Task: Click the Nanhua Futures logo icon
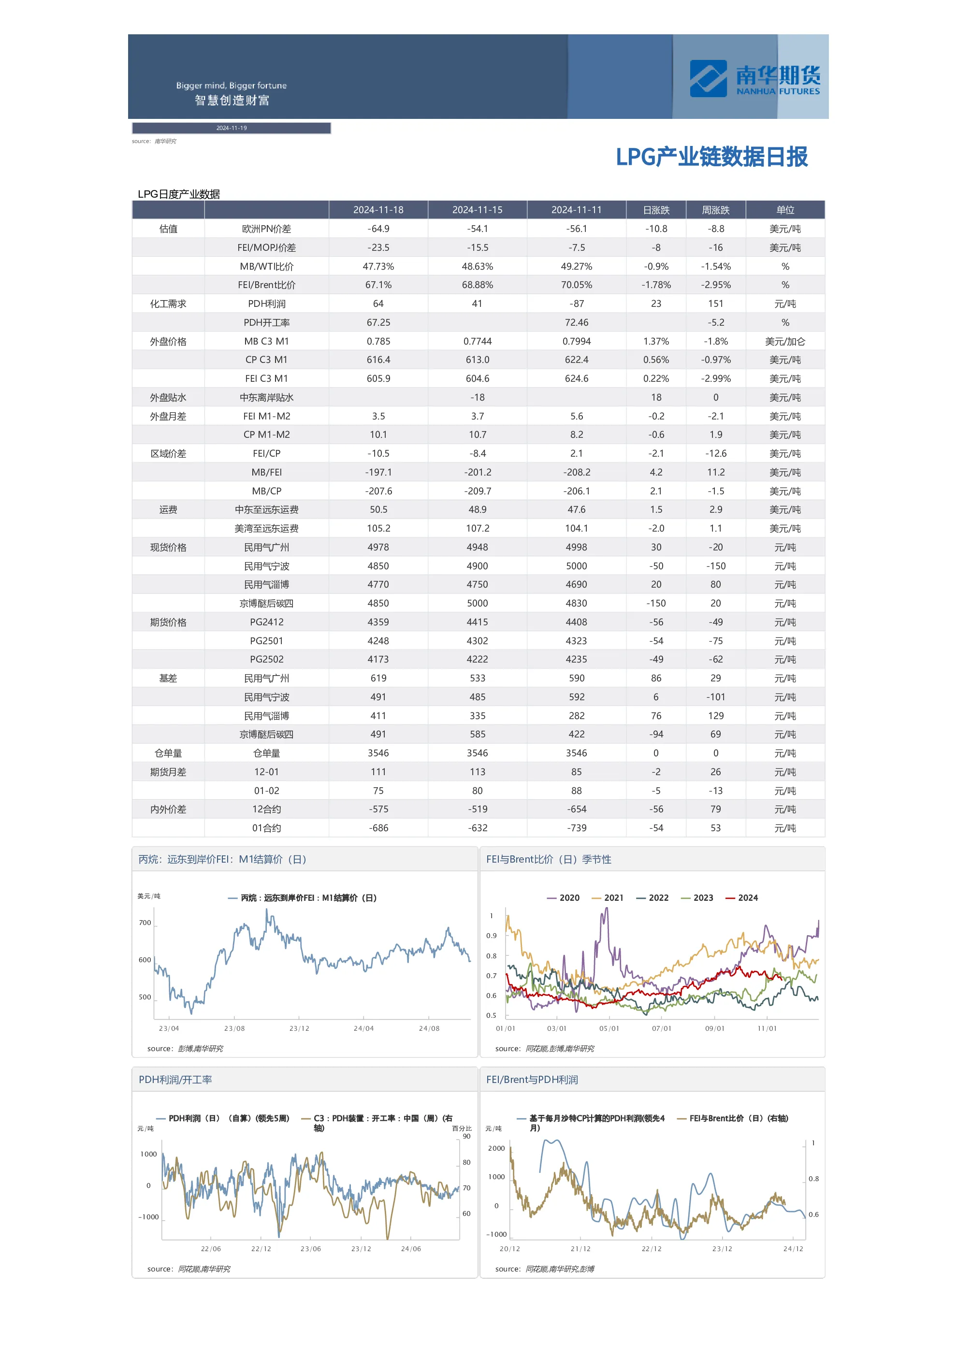[708, 79]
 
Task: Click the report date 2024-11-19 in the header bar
[231, 128]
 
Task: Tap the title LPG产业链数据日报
[711, 157]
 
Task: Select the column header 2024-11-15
[477, 210]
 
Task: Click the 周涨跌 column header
[715, 210]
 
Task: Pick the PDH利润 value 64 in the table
[378, 304]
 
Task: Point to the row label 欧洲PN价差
[267, 229]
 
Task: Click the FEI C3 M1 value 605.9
[378, 378]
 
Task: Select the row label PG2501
[267, 641]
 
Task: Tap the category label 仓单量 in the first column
[168, 753]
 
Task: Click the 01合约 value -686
[378, 828]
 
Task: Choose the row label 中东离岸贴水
[267, 397]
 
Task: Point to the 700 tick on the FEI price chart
[145, 923]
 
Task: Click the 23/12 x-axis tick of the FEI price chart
[299, 1028]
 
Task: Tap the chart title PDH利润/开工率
[175, 1080]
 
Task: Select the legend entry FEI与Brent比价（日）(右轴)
[732, 1118]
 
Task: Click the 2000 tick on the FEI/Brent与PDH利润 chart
[496, 1148]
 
